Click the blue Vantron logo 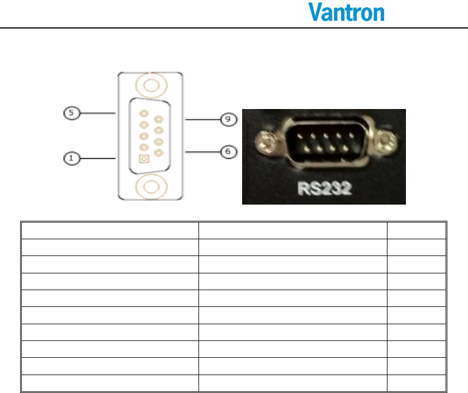coord(346,12)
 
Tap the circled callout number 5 coord(72,113)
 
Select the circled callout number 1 coord(72,158)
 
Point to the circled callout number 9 coord(229,120)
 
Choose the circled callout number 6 coord(229,152)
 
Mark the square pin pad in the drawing coord(144,159)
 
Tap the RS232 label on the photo coord(325,188)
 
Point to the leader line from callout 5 coord(98,113)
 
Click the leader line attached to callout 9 coord(203,120)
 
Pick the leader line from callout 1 coord(98,158)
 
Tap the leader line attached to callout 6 coord(203,152)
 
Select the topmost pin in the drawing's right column coord(159,120)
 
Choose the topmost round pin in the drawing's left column coord(144,113)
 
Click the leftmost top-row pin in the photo coord(300,136)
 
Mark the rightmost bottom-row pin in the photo coord(346,148)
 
